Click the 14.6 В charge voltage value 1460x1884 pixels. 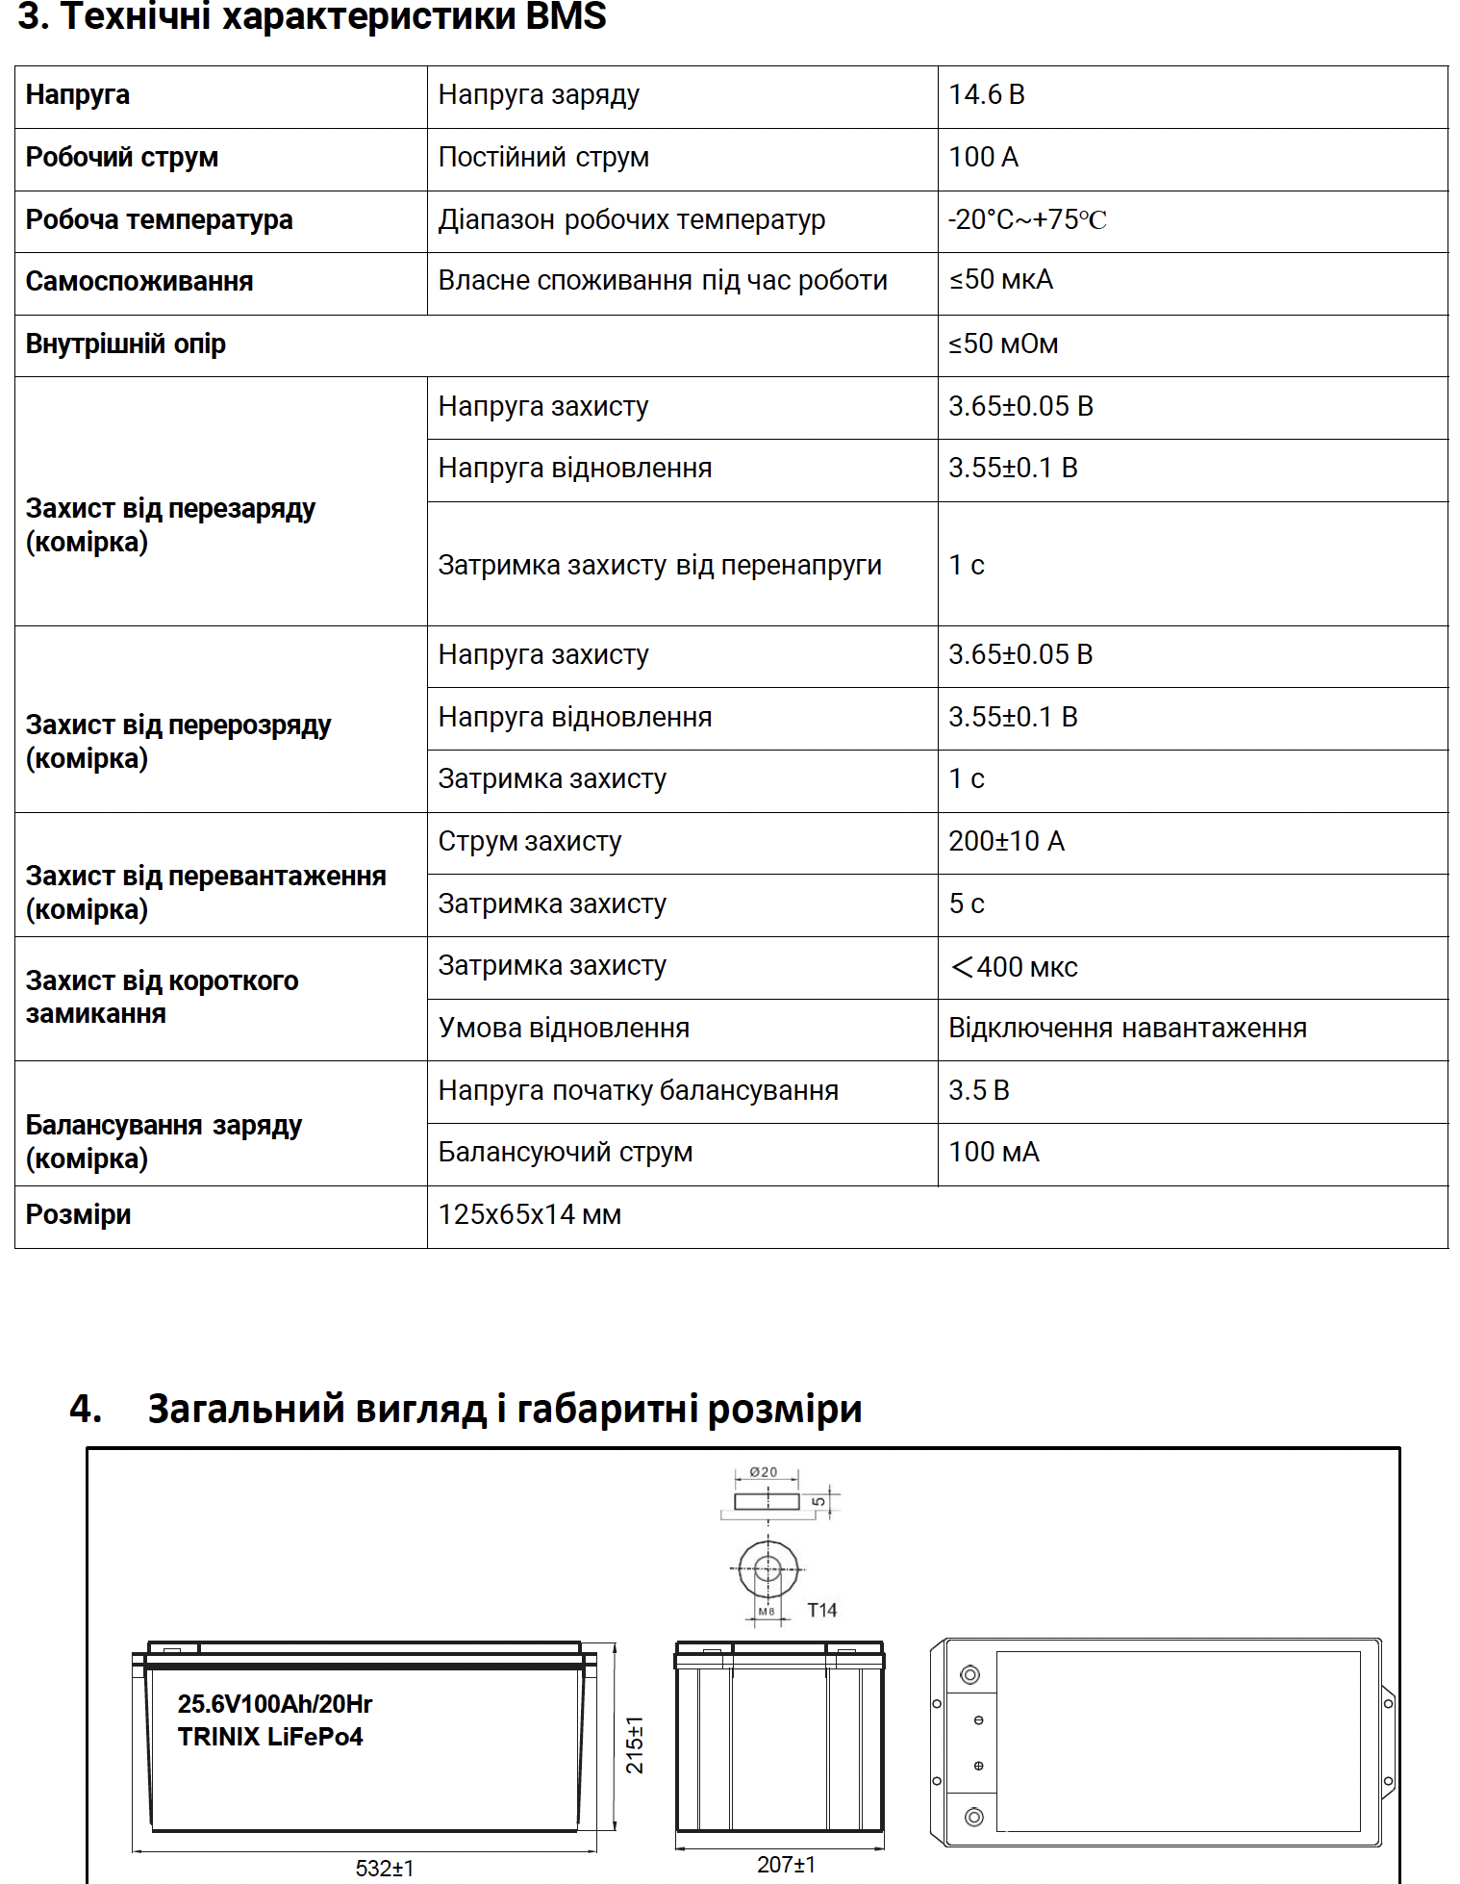(x=987, y=94)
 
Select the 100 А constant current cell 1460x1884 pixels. (x=983, y=157)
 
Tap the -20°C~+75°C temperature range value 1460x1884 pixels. (x=1027, y=219)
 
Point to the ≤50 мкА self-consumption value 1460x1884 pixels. (x=1001, y=280)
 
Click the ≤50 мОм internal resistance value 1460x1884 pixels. (x=1003, y=344)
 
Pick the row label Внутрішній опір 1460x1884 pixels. (x=126, y=344)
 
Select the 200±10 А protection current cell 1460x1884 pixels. (x=1006, y=841)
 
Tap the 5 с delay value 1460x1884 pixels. (x=967, y=904)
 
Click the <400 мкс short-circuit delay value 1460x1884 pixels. (x=1014, y=966)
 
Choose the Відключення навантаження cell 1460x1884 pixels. (x=1127, y=1028)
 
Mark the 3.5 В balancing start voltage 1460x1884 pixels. (x=979, y=1090)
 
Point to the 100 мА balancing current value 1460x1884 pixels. (x=994, y=1152)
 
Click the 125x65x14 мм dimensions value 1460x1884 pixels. (x=530, y=1214)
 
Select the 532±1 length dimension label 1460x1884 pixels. (x=385, y=1868)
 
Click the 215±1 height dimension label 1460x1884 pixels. (x=635, y=1744)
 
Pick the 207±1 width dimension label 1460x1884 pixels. (x=786, y=1864)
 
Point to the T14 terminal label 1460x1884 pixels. (x=822, y=1610)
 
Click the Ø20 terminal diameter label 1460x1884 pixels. (x=764, y=1472)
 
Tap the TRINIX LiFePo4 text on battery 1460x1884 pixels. (x=270, y=1737)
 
